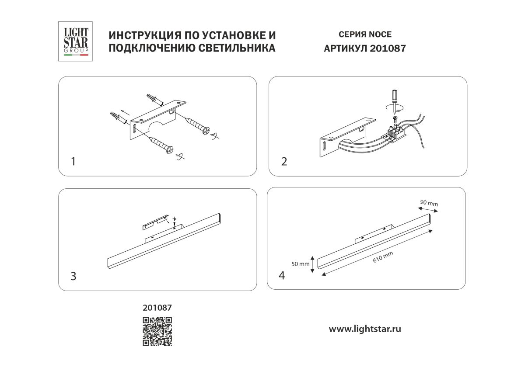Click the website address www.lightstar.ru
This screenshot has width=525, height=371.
click(x=365, y=329)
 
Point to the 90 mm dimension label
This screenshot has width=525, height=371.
click(x=429, y=203)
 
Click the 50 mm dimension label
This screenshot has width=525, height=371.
click(x=301, y=264)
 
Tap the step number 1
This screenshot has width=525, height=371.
click(x=73, y=162)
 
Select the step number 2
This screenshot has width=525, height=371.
click(x=284, y=162)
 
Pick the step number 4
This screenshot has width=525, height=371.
click(x=282, y=275)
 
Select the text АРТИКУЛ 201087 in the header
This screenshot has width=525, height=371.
click(x=365, y=49)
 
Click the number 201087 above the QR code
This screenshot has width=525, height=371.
click(x=157, y=308)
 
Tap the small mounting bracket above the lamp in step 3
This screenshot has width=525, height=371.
click(x=155, y=222)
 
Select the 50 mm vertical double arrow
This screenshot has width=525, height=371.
click(x=312, y=264)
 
